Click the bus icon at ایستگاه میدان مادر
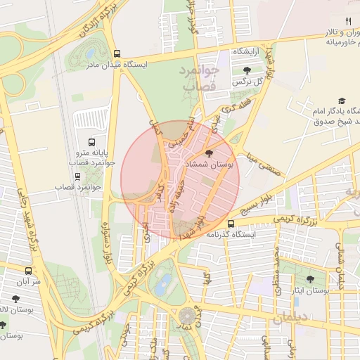117,53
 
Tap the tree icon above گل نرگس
247,70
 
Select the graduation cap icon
342,101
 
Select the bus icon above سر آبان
28,270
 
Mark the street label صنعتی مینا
260,155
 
